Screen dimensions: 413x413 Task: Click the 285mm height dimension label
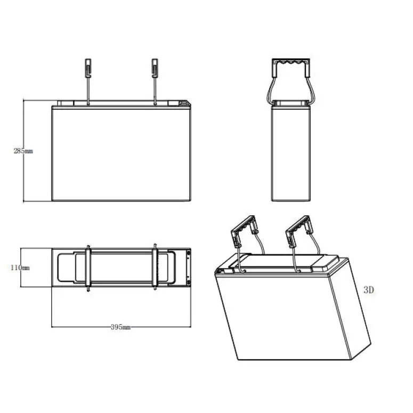[x=23, y=151]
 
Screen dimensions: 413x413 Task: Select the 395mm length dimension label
[x=120, y=327]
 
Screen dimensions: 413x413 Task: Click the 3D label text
[x=369, y=290]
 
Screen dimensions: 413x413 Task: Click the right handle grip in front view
[x=155, y=68]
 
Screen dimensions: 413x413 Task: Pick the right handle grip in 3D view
[x=298, y=226]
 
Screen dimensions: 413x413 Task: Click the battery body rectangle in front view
[x=121, y=153]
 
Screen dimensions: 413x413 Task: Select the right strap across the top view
[x=155, y=268]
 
